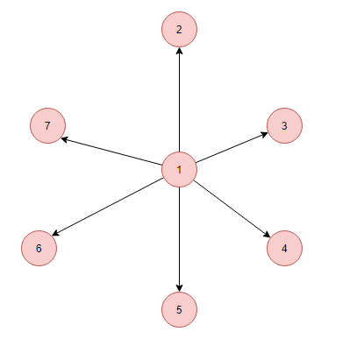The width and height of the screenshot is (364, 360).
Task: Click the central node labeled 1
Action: (179, 169)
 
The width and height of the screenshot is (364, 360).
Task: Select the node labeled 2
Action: (179, 29)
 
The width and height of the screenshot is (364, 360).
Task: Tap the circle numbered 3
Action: (284, 125)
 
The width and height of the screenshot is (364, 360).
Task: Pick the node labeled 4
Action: (284, 248)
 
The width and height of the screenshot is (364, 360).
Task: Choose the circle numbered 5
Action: (179, 309)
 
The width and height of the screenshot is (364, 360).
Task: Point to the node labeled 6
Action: (39, 248)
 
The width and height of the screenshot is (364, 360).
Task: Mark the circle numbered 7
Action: (47, 125)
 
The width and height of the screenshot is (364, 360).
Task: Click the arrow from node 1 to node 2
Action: (179, 100)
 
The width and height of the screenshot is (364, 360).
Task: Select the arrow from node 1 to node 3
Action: (232, 147)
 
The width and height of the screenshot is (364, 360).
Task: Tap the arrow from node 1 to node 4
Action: (232, 209)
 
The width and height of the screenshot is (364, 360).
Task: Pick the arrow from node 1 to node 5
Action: (179, 239)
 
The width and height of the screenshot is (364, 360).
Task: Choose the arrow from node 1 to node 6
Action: (107, 207)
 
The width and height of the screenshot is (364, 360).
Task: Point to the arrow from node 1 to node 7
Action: (111, 152)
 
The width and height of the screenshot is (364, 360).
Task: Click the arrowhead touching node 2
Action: (179, 51)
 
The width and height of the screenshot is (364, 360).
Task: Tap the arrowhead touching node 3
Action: (264, 135)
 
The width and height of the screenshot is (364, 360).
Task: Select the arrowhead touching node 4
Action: (267, 235)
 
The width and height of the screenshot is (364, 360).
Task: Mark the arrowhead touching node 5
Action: (179, 288)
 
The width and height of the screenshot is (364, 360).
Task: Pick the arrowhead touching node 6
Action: (55, 233)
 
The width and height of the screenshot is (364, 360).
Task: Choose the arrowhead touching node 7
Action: (64, 139)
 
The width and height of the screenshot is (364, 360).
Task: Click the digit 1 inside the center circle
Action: (179, 170)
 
